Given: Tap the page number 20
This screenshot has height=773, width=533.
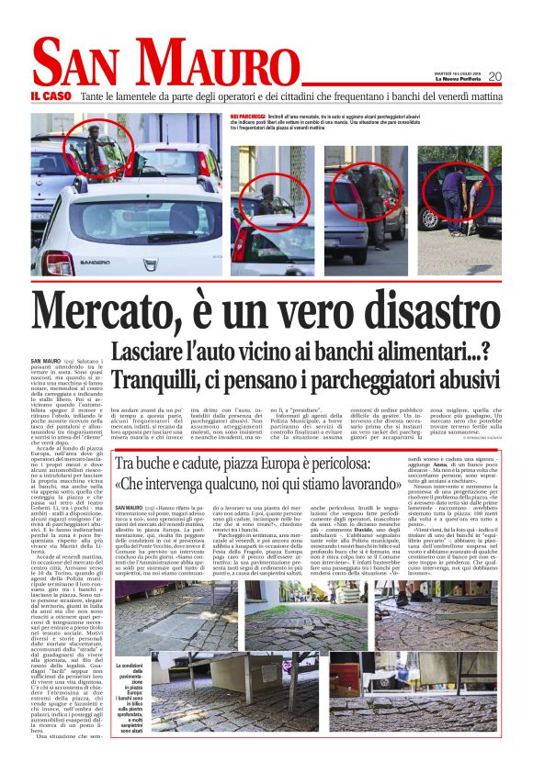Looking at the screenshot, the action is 495,76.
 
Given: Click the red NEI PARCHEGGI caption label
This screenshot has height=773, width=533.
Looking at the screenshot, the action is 247,118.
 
